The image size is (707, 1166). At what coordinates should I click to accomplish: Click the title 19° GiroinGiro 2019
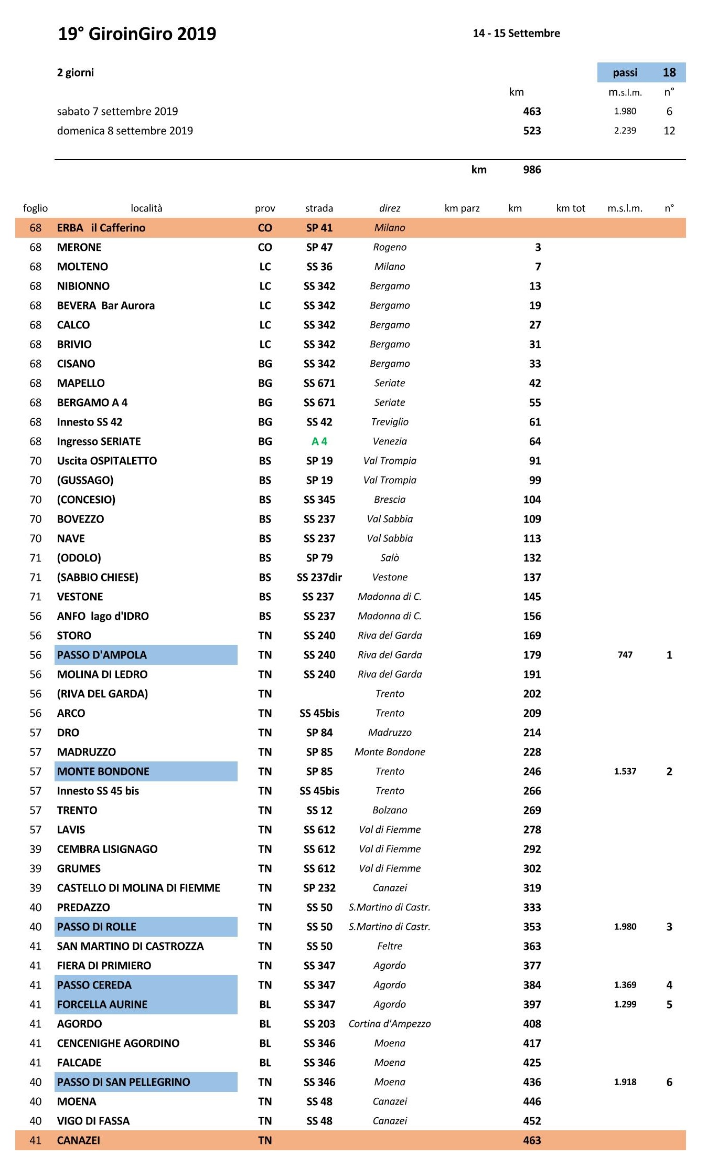pos(137,34)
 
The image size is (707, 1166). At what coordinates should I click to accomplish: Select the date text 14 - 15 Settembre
pos(516,34)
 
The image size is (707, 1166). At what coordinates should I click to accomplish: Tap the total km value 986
pos(531,170)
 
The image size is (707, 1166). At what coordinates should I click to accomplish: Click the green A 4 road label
pos(319,442)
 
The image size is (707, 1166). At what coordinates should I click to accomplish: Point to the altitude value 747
pos(625,655)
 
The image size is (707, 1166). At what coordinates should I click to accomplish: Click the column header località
pos(146,208)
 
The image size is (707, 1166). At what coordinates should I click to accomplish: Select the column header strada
pos(319,208)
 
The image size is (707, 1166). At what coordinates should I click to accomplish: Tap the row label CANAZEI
pos(79,1140)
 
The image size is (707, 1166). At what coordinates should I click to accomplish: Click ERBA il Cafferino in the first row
pos(101,228)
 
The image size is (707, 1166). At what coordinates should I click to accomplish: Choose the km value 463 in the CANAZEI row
pos(531,1140)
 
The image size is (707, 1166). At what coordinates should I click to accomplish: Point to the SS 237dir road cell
pos(319,578)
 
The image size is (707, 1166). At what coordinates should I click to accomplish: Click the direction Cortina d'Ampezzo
pos(390,1024)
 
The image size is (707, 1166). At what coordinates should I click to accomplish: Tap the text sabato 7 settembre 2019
pos(117,111)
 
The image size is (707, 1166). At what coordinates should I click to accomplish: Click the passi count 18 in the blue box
pos(669,72)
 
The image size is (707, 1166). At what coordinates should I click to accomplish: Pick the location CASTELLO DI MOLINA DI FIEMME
pos(138,888)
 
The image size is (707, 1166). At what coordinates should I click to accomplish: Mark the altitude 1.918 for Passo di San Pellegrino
pos(625,1082)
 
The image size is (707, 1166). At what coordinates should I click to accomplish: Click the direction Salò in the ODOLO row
pos(390,558)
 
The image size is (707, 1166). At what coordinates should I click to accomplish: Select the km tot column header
pos(570,208)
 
